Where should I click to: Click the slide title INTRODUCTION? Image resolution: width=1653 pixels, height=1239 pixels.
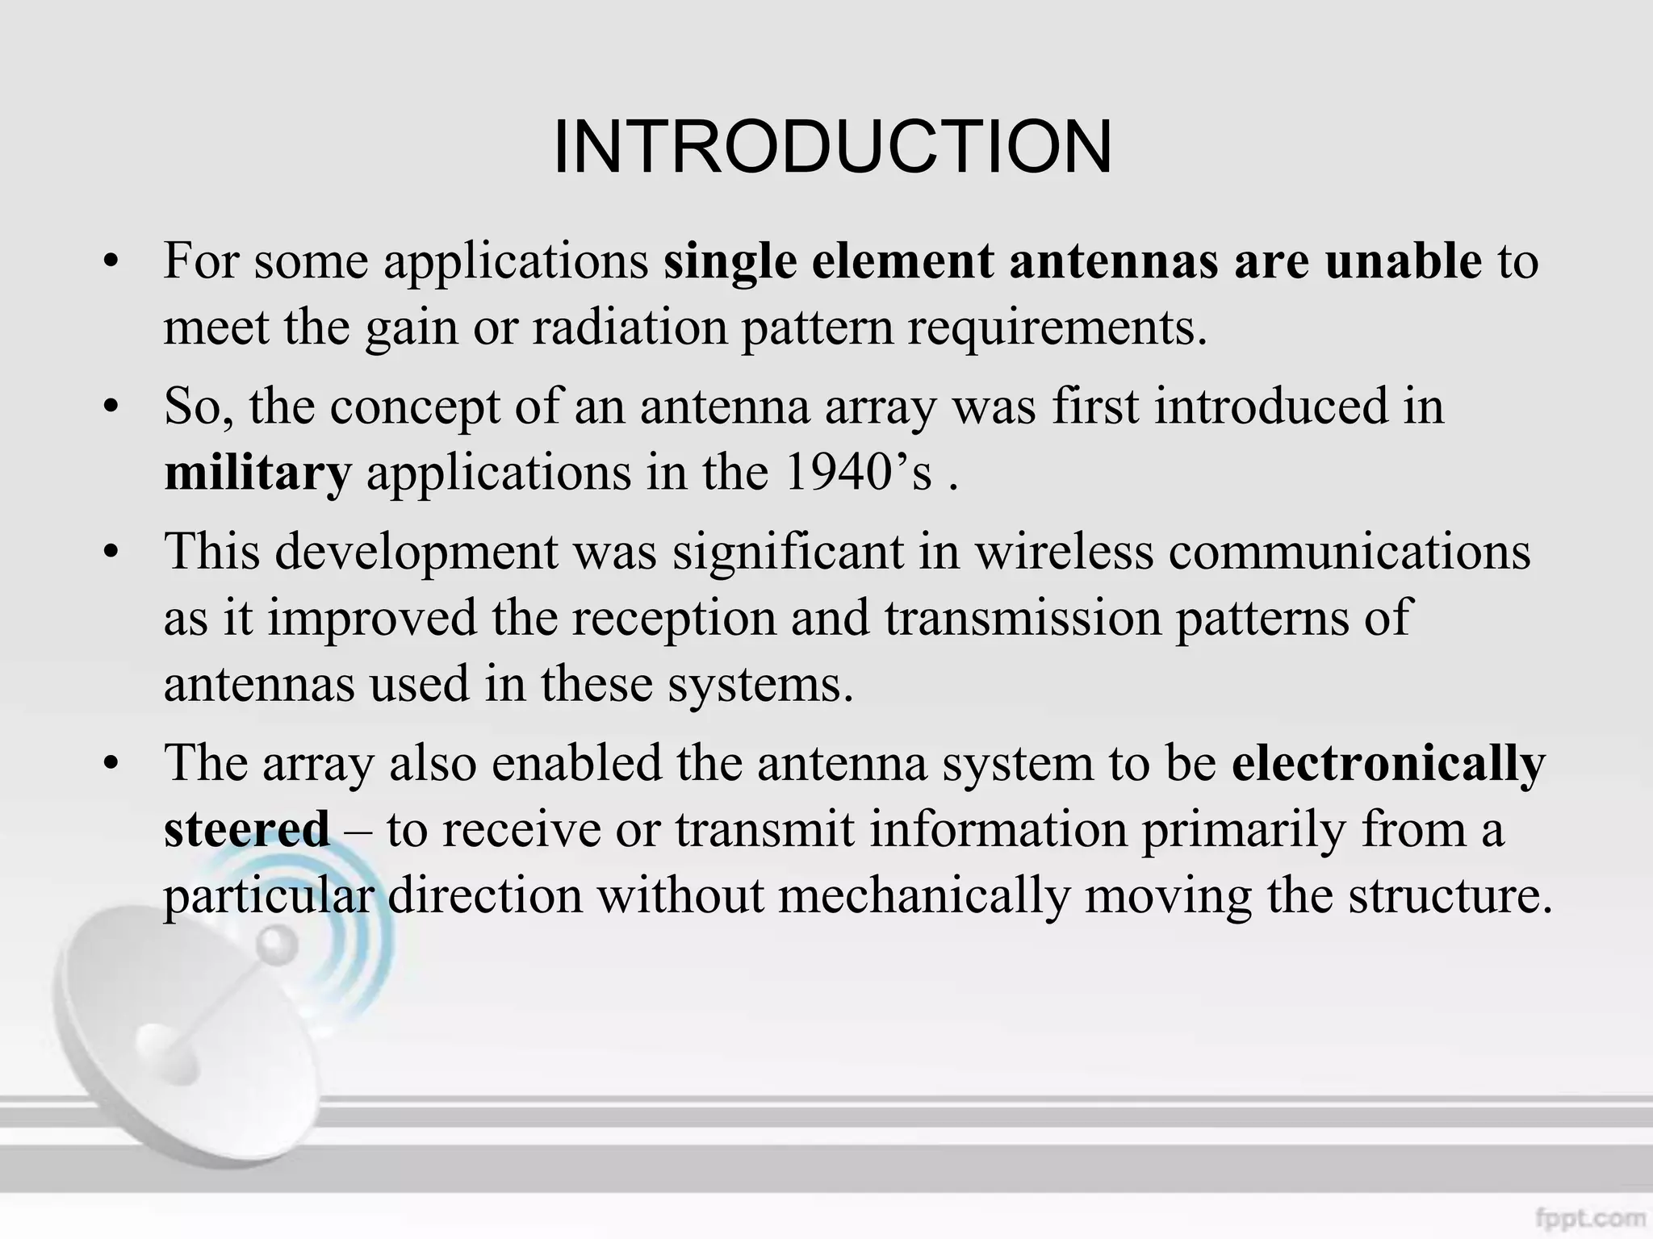click(832, 147)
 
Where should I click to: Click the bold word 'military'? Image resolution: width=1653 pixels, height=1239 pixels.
click(257, 473)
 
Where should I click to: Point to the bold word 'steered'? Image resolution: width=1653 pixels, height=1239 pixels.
click(246, 829)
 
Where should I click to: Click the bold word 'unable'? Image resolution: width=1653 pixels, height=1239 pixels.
click(1403, 261)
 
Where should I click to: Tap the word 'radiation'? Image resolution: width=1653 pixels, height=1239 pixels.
click(629, 327)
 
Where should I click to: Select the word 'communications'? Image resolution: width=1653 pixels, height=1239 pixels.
click(1350, 553)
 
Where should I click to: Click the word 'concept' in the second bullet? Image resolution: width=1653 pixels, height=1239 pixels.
click(415, 407)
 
